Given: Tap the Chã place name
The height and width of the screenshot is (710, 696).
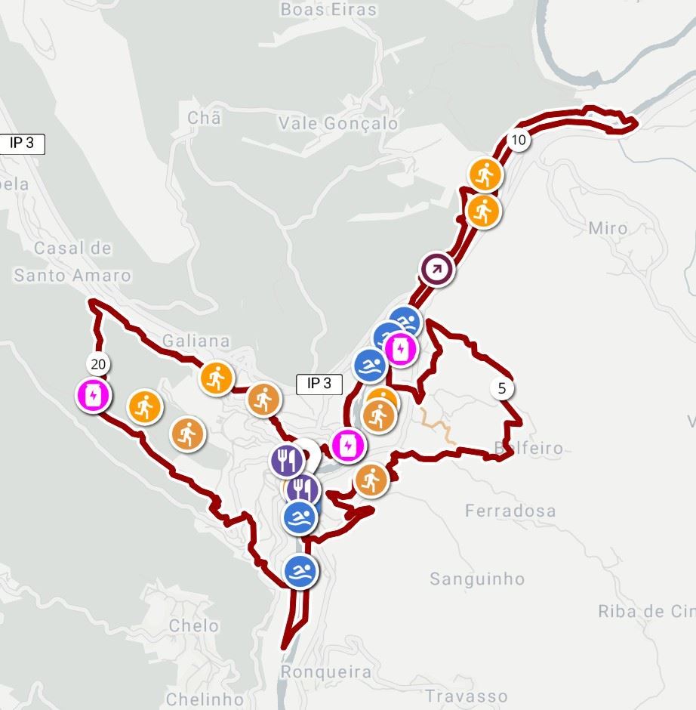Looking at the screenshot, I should [x=204, y=119].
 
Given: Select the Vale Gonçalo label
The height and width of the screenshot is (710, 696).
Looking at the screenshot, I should [x=338, y=123].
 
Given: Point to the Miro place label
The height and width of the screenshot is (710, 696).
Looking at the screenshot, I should [x=608, y=228].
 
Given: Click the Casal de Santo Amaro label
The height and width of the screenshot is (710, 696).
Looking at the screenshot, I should [x=72, y=262].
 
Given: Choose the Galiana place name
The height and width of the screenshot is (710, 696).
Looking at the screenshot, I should [x=196, y=341].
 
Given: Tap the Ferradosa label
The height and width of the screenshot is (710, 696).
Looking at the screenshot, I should [x=510, y=511].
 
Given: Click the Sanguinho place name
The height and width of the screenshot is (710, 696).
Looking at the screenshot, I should [x=477, y=579].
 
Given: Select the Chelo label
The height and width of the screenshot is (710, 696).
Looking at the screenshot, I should [x=194, y=625].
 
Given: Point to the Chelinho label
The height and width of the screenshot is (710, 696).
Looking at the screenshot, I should [x=205, y=699].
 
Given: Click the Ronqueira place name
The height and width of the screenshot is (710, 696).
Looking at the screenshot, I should [x=326, y=671].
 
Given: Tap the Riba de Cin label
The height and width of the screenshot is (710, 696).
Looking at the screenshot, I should [x=645, y=612].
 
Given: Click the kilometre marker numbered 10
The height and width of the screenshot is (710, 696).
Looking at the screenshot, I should [x=518, y=140].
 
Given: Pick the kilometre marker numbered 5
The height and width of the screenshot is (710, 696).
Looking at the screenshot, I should [x=502, y=389].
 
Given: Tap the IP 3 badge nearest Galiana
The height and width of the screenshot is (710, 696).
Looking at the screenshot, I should [x=319, y=384].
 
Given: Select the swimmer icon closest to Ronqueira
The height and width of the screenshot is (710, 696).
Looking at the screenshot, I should [x=301, y=570].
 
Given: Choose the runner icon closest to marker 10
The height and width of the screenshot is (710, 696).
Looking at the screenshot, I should [x=485, y=174].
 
